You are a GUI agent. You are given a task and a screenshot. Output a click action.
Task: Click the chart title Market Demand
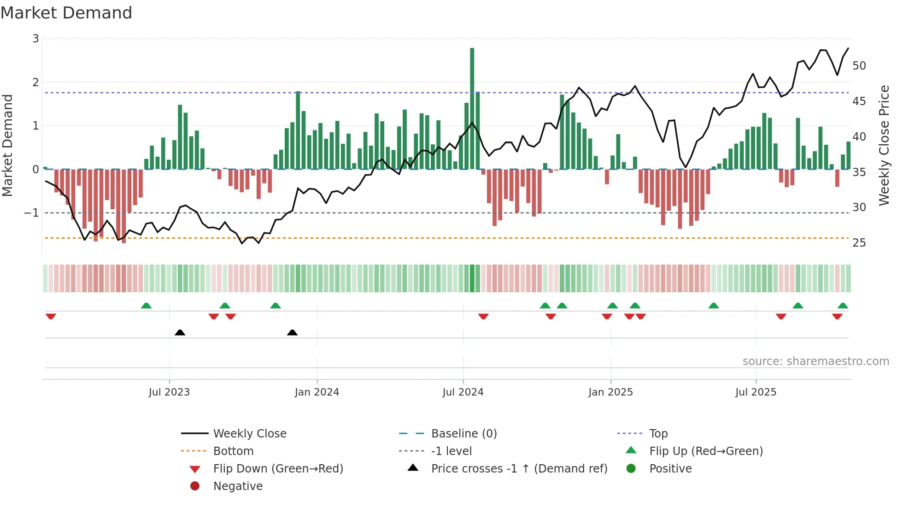66,13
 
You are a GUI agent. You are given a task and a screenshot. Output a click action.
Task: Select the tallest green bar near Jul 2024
472,108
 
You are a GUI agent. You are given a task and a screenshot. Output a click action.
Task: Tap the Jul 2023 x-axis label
169,392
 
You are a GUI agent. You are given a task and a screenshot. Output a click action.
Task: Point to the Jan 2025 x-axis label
610,392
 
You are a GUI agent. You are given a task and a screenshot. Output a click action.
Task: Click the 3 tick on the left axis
35,39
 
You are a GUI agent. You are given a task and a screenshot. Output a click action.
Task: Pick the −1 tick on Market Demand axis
31,213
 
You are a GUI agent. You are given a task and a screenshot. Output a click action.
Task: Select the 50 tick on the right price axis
859,66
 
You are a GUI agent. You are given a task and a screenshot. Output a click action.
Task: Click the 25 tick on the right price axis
859,243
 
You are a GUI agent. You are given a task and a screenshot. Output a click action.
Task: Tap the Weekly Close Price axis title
884,145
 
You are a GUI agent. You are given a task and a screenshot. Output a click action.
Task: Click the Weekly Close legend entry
249,434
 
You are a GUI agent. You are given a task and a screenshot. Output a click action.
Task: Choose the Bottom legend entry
233,451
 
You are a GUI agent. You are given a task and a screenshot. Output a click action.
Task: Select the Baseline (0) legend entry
463,434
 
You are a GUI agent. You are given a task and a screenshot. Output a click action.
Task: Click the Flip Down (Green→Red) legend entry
278,469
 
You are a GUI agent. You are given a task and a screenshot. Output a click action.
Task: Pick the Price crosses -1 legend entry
519,469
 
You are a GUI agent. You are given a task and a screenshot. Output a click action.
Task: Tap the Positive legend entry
670,469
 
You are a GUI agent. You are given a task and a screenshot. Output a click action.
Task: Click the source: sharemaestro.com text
815,361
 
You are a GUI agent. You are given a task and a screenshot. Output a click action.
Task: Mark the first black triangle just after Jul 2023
180,332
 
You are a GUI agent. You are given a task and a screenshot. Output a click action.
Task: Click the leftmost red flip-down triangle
51,316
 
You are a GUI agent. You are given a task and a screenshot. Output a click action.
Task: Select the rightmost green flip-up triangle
843,306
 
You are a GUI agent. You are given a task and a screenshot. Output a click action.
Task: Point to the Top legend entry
658,434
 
